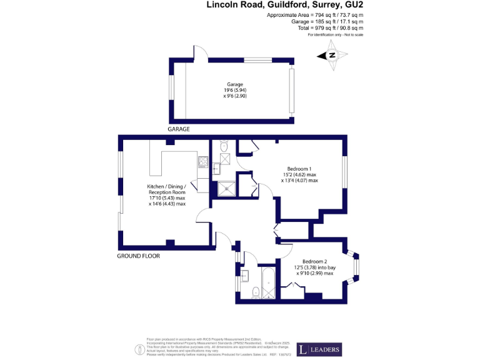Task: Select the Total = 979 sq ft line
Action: tap(314, 28)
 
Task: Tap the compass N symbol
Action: tap(332, 56)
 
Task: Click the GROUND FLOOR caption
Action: tap(138, 256)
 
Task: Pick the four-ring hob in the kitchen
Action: tap(203, 162)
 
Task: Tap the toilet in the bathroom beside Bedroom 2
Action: tap(255, 292)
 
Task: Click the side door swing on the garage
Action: tap(201, 53)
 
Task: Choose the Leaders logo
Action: tap(319, 349)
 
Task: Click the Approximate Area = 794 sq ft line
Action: tap(314, 14)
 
